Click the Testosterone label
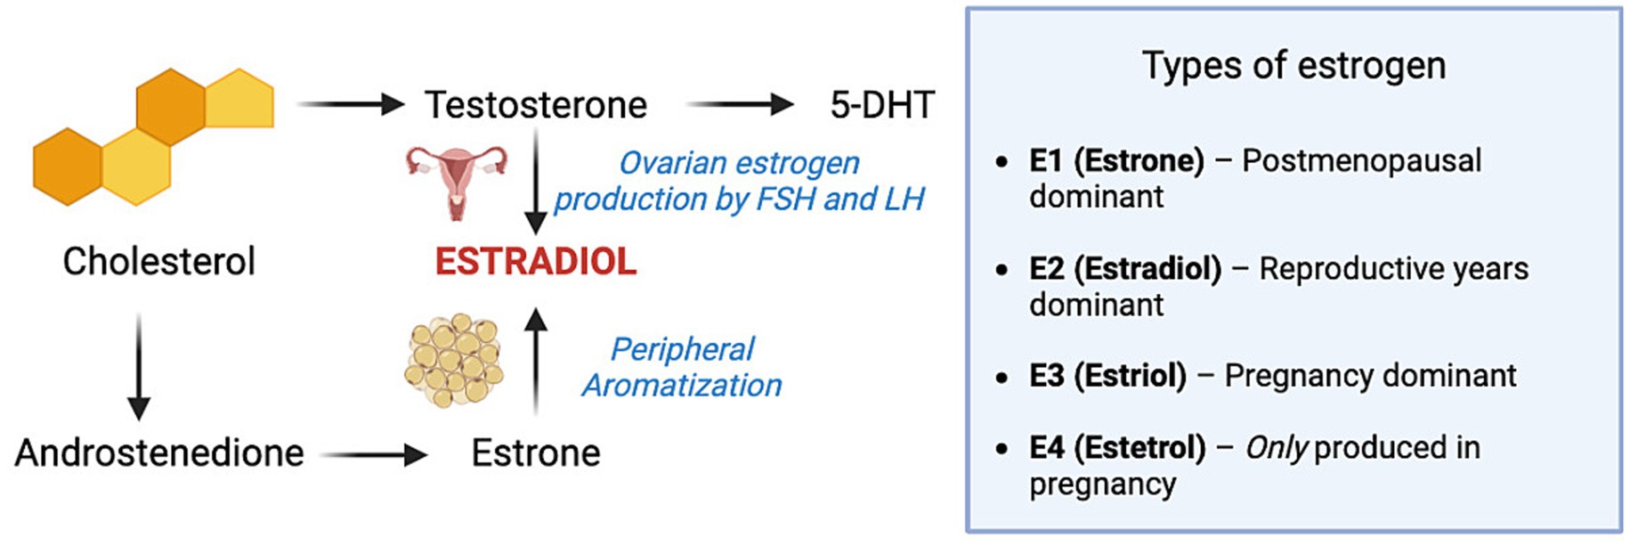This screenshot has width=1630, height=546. (535, 105)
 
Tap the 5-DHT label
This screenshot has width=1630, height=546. (881, 105)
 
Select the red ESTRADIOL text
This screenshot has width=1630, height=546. (535, 262)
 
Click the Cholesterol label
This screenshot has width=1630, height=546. (158, 262)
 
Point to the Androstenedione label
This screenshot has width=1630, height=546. (159, 452)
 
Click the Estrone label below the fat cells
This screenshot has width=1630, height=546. (535, 452)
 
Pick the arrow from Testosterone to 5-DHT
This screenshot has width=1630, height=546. (739, 105)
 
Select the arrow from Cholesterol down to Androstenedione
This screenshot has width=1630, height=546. (139, 365)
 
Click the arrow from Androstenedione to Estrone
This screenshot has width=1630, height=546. (374, 455)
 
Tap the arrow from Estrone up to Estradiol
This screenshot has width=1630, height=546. (535, 361)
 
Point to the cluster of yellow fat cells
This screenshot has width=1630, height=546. (454, 361)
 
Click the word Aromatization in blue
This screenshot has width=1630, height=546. (682, 386)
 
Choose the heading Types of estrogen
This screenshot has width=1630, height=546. (1293, 65)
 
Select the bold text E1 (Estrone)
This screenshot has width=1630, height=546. (1116, 160)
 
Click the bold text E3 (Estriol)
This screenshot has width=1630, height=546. (1107, 376)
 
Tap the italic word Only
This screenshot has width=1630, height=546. (1276, 448)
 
